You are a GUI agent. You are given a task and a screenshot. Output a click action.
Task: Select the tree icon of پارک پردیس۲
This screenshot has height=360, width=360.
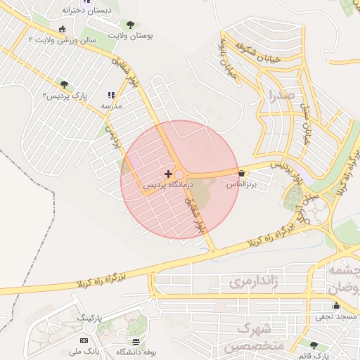64,84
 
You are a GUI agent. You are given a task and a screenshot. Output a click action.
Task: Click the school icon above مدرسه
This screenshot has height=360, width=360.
110,94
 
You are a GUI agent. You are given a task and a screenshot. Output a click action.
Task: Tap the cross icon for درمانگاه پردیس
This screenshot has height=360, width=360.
167,173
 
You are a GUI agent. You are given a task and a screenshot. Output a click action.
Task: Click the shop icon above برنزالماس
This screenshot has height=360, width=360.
242,173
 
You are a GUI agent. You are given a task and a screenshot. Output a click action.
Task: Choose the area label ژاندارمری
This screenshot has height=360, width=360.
250,283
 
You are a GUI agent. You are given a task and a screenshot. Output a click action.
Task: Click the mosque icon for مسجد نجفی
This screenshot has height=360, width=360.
336,306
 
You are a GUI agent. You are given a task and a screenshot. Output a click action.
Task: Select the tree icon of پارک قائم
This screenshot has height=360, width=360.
313,345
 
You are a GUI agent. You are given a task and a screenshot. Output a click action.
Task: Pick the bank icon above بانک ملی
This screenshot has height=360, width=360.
84,340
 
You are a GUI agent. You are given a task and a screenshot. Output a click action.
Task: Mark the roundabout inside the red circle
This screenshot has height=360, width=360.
179,174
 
